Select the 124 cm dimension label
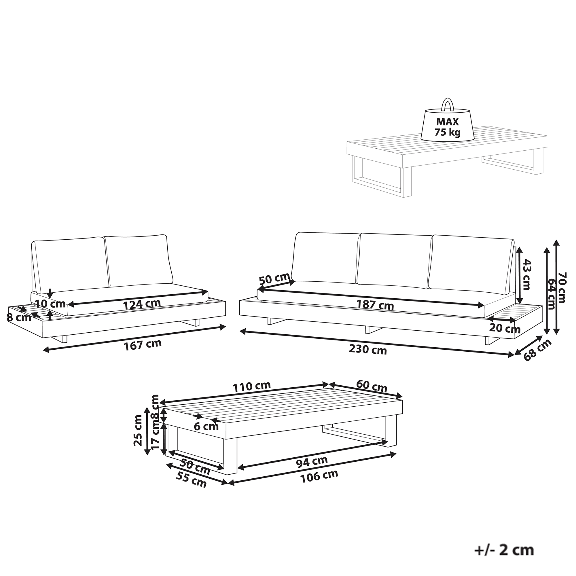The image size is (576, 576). pos(142,304)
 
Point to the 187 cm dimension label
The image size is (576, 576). pos(375,305)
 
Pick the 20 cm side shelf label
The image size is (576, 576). pos(505,328)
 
